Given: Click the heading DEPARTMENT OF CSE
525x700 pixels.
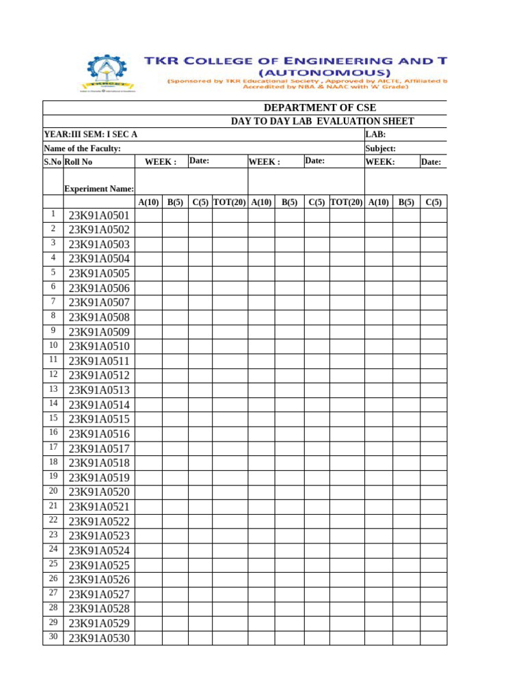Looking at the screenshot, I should coord(320,108).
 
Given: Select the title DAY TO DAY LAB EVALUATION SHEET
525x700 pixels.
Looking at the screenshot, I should coord(322,121).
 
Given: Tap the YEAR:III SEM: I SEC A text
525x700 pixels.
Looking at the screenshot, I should coord(90,135).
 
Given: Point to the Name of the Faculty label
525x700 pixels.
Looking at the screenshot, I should coord(82,148).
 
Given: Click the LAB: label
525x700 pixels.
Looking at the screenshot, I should coord(376,135).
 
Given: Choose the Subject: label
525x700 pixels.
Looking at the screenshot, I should coord(381,148).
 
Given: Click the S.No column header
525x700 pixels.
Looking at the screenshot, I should coord(53,162).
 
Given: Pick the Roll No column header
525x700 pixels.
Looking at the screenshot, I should coord(78,162).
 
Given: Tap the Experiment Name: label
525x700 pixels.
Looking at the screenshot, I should coord(99,189).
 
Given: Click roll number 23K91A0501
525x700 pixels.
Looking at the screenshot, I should coord(99,216).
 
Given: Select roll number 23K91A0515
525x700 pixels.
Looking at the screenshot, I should coord(99,419).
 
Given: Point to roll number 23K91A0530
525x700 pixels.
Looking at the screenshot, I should coord(99,638).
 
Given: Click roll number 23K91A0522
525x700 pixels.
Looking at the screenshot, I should coord(99,522).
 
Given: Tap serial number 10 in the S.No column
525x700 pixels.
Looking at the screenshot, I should coord(53,345).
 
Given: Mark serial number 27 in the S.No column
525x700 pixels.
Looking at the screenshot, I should coord(53,593).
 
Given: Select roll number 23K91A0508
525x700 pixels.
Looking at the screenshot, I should coord(99,317).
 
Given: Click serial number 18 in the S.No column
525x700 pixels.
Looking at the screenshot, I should coord(53,462).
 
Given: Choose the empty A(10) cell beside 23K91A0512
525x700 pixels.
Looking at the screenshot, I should coord(148,375).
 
